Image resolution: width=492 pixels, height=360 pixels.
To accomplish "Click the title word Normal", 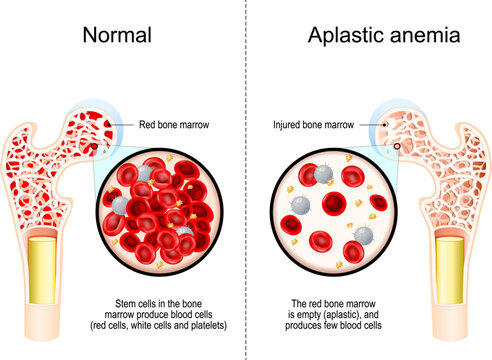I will tap(118, 36).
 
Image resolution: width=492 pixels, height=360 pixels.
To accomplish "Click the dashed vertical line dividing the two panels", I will tap(246, 200).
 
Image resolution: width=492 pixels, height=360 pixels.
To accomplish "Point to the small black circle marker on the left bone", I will tap(95, 147).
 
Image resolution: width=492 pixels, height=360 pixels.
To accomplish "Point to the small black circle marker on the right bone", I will tap(396, 147).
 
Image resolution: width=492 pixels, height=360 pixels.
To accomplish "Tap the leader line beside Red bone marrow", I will tap(119, 125).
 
